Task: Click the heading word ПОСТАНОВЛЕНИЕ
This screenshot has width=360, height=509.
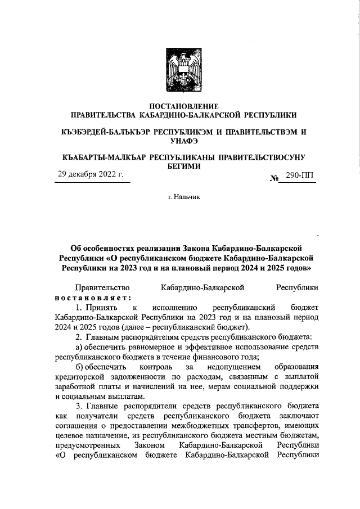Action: pos(179,106)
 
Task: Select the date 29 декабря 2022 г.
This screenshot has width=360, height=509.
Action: pos(91,175)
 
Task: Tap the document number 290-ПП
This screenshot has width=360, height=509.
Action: pos(300,177)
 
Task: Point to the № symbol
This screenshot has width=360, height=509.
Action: pos(275,178)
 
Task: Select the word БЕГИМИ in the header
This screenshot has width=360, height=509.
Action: pos(179,167)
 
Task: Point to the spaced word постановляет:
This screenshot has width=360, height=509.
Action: pos(93,298)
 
